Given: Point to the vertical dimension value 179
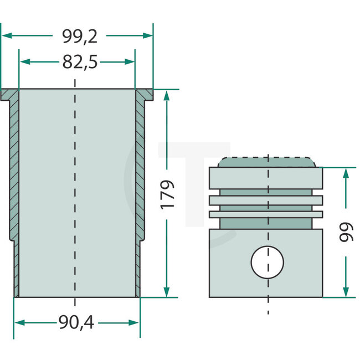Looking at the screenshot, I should (x=168, y=194).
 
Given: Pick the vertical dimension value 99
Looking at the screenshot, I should (x=347, y=231).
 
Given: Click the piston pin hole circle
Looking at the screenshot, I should (x=267, y=261).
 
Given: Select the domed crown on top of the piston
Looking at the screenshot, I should (x=267, y=162).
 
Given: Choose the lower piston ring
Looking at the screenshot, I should (x=265, y=213).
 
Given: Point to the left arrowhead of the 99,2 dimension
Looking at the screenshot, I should (x=6, y=35).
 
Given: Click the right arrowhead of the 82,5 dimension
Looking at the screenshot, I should (x=131, y=63).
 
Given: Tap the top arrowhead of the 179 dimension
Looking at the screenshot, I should (x=166, y=95).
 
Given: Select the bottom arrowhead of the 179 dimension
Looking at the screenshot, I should (x=166, y=292).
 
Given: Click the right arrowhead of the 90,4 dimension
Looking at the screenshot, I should (x=135, y=322).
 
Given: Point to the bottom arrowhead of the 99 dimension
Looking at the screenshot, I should (x=346, y=291).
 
